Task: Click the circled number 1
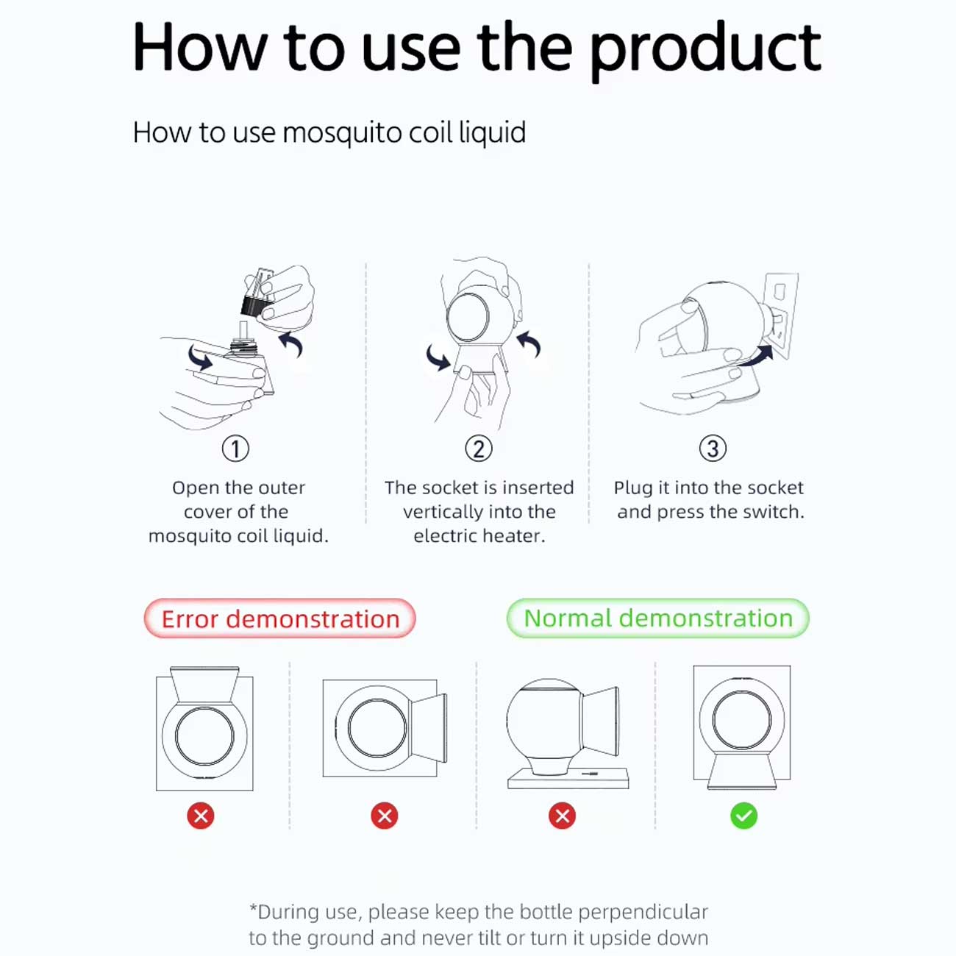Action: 235,449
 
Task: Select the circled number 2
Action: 478,449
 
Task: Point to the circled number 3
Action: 713,449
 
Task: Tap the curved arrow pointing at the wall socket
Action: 755,356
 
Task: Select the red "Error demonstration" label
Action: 279,618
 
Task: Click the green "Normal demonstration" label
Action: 658,618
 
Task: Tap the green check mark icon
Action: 743,816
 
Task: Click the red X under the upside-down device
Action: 201,816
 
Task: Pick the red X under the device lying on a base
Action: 562,816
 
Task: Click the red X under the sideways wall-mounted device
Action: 384,816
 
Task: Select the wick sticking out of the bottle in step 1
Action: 243,329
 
